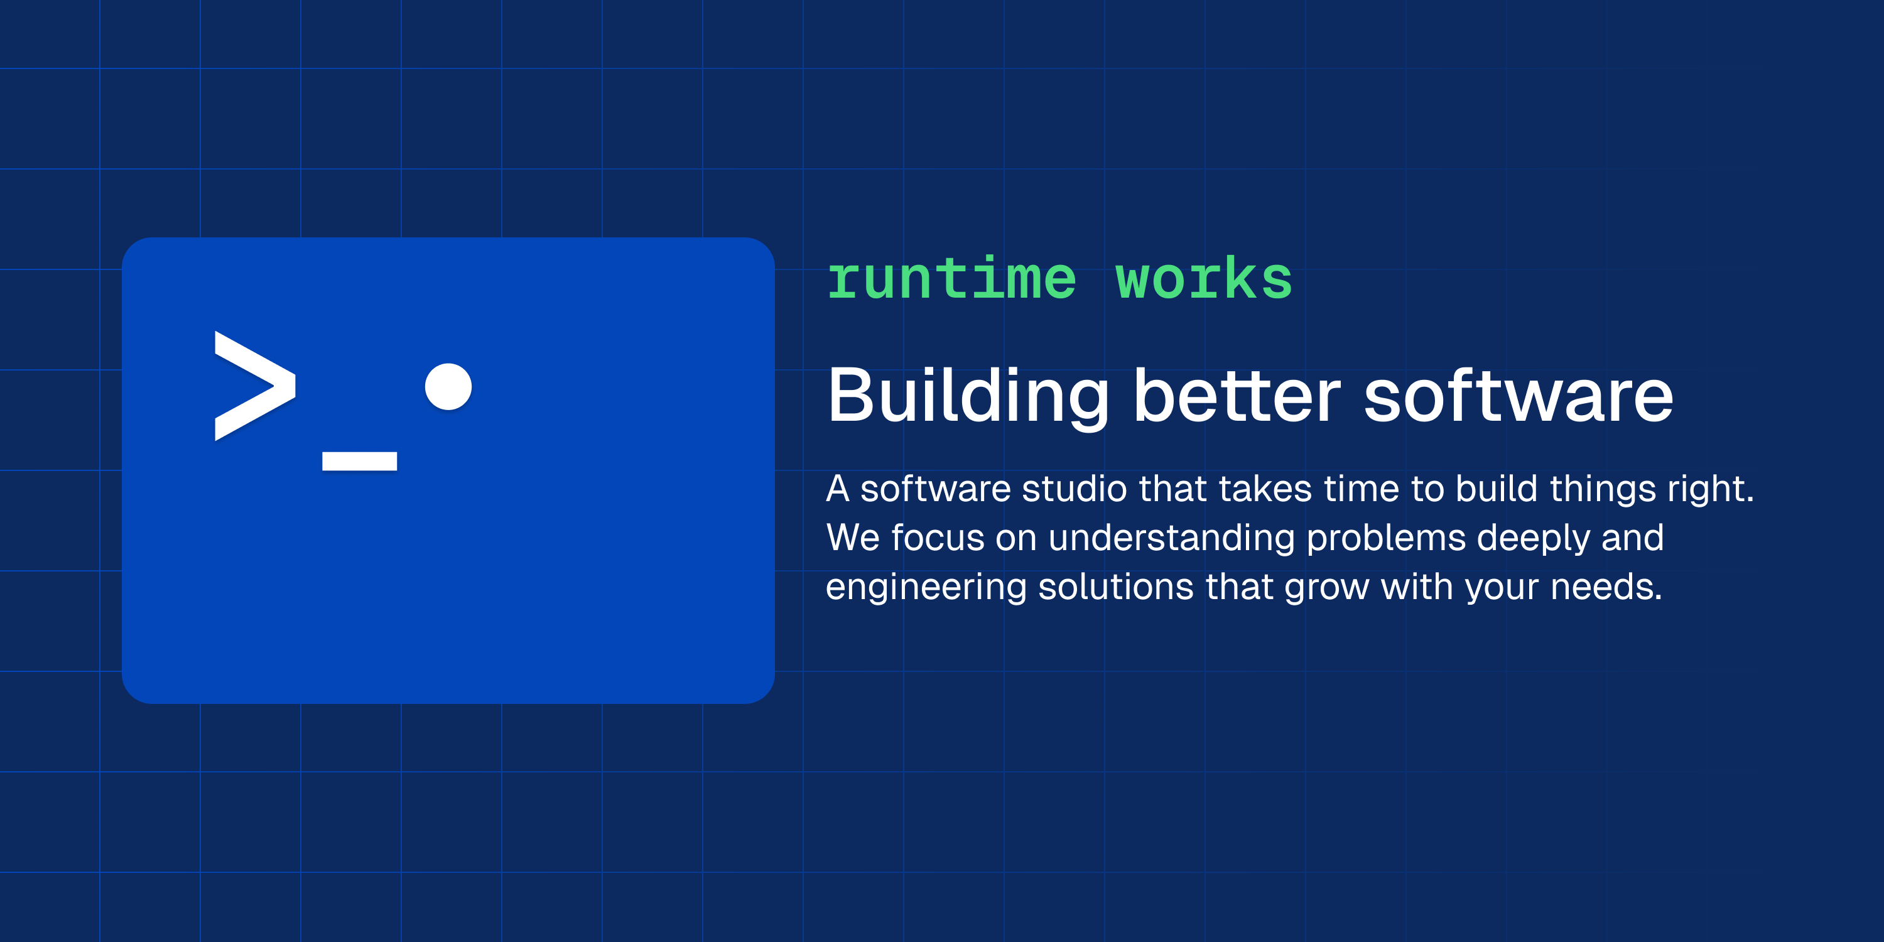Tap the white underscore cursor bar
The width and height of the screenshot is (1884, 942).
pyautogui.click(x=359, y=461)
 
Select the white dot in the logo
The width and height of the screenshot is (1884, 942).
pyautogui.click(x=448, y=386)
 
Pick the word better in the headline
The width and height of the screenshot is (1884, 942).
pyautogui.click(x=1237, y=396)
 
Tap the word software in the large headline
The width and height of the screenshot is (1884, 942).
pyautogui.click(x=1519, y=396)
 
